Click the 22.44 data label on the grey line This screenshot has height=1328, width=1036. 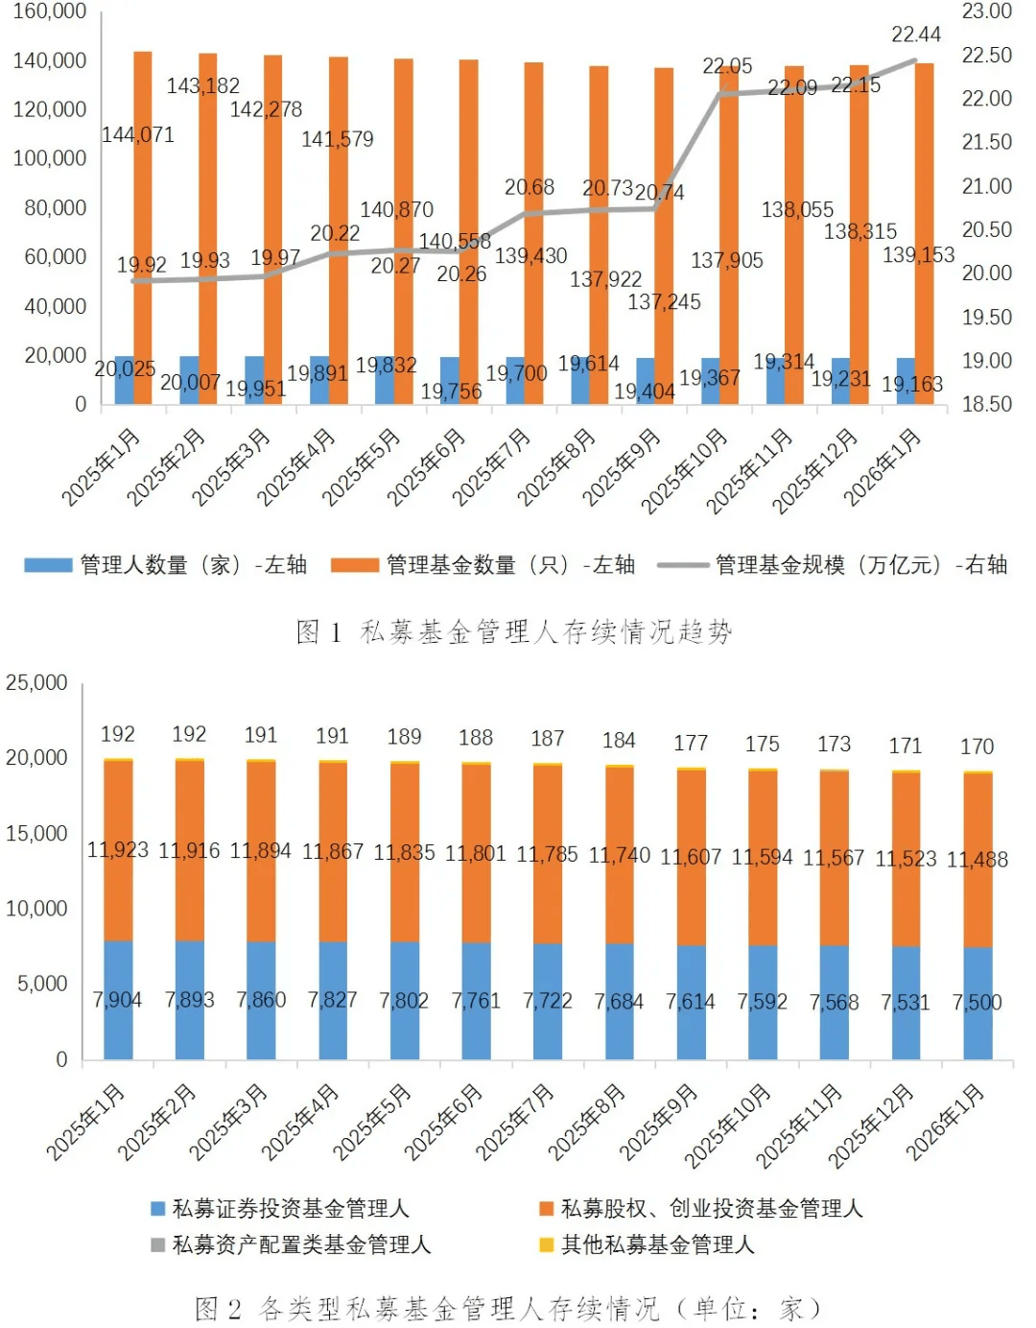[x=916, y=35]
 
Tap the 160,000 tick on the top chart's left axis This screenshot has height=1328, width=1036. [x=49, y=12]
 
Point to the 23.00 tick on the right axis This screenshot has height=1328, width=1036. [x=986, y=12]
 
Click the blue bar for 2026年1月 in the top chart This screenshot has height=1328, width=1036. [x=906, y=381]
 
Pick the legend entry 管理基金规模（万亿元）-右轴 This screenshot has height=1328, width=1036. [x=833, y=565]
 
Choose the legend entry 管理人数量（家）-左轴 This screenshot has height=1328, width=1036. [x=166, y=565]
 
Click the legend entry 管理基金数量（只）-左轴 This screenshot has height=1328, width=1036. [x=483, y=565]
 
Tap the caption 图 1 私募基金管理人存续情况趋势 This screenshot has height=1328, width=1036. [x=515, y=631]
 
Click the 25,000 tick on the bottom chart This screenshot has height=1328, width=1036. [x=37, y=683]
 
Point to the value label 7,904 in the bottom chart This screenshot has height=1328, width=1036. [x=117, y=1000]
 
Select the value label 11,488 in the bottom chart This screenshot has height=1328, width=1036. [x=977, y=860]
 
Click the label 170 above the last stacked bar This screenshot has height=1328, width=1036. [x=977, y=747]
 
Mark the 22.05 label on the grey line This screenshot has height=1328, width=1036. [x=727, y=66]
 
